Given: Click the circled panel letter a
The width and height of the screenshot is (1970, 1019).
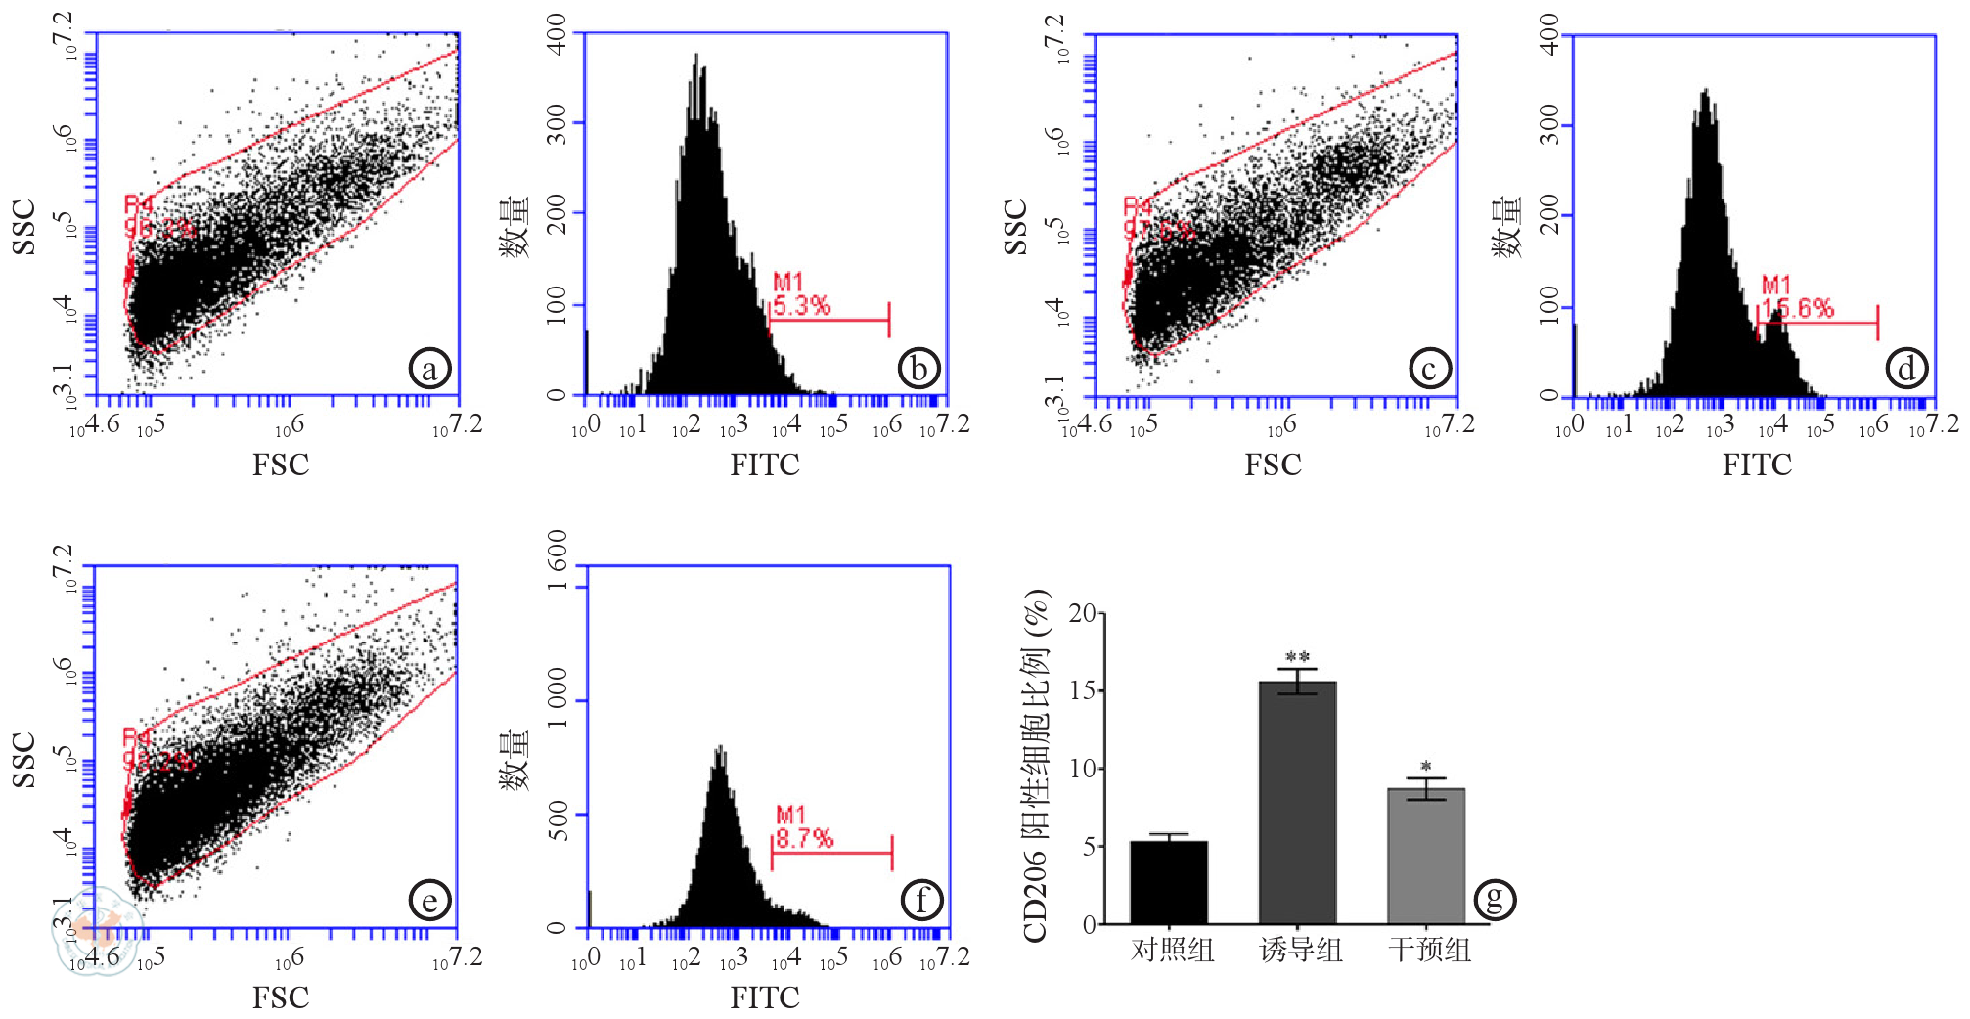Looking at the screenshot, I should coord(429,369).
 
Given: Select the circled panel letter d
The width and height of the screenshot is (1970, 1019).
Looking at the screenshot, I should coord(1906,369).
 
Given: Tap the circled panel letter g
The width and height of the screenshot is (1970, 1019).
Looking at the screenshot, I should coord(1495,899).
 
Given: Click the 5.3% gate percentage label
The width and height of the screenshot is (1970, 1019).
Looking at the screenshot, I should coord(801,306).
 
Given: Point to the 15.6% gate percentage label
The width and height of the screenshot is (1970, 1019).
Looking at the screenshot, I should coord(1798,309).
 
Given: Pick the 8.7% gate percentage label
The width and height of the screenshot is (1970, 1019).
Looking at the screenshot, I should coord(804,838).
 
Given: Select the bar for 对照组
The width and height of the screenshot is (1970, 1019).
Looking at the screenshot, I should coord(1169,882).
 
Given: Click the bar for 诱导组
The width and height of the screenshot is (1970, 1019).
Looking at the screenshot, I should coord(1297,802).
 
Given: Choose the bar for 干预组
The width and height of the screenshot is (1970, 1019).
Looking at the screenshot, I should coord(1426,856).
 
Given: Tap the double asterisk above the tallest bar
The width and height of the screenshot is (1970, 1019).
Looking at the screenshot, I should coord(1297,657).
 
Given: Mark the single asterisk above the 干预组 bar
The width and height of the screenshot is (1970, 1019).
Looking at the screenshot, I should coord(1426,767).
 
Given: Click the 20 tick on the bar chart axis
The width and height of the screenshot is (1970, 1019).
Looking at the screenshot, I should coord(1082,613).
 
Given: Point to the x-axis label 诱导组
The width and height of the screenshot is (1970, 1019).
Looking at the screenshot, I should coord(1300,950).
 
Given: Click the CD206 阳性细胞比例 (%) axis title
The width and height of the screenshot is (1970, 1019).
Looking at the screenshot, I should coord(1036,766).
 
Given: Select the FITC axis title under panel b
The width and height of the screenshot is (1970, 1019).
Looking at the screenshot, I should coord(764,465).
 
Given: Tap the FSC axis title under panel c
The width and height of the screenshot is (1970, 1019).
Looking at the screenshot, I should coord(1273,465).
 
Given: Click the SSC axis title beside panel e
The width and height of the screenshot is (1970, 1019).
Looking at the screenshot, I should coord(23,760).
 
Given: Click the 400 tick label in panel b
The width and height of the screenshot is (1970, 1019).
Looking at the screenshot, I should coord(557,34).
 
